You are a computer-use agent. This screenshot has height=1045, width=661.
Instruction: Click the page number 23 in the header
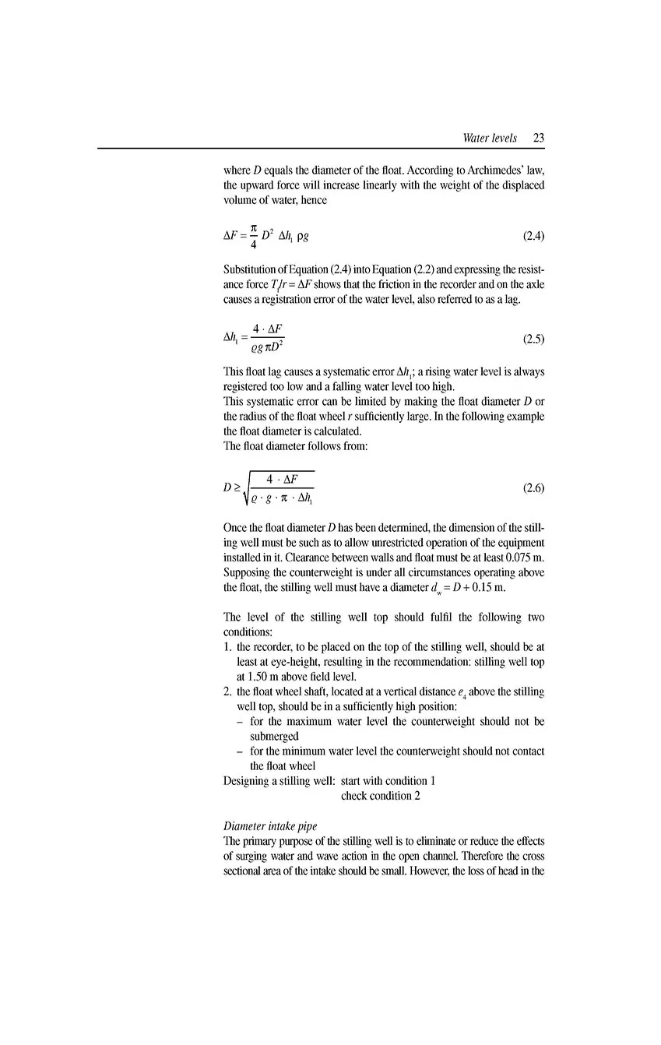[539, 139]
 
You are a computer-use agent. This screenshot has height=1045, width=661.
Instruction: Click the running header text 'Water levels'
[489, 139]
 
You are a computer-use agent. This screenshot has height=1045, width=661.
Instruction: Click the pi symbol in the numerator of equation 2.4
[254, 224]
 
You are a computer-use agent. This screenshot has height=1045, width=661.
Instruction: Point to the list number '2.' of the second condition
[228, 691]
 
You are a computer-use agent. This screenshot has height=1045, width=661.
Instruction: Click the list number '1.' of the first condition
[228, 647]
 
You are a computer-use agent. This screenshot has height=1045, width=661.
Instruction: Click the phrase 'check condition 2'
[381, 796]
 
